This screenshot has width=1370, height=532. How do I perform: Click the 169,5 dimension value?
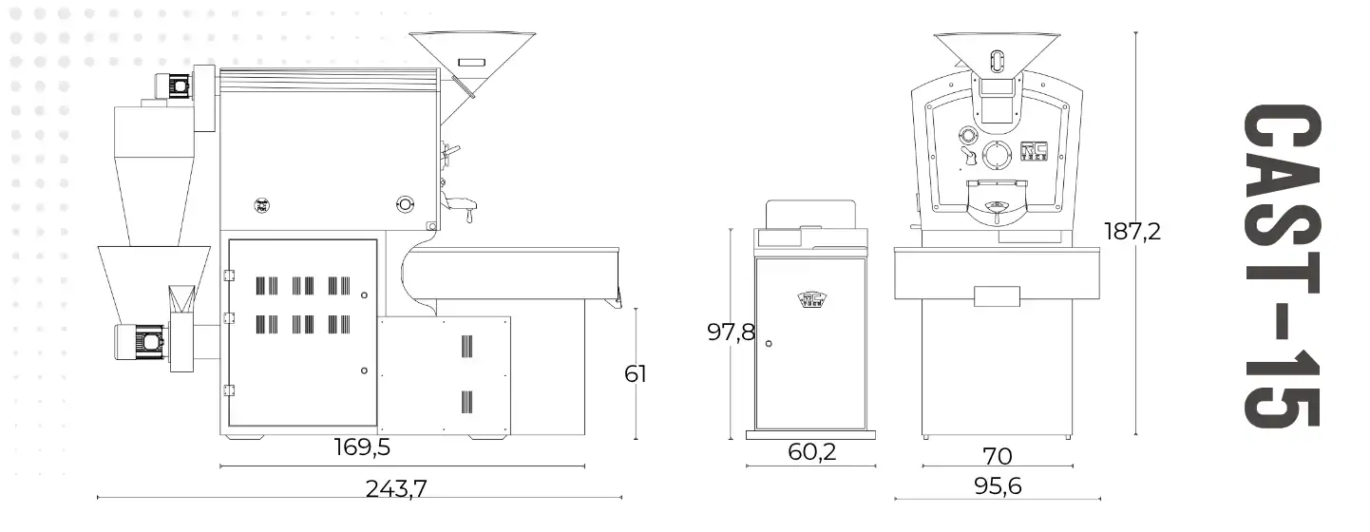[x=362, y=447]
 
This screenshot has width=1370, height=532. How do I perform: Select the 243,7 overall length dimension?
[x=396, y=488]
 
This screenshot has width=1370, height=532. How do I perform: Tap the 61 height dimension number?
[x=636, y=373]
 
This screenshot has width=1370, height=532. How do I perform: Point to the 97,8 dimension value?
[x=731, y=332]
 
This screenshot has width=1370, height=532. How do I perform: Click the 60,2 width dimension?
[x=811, y=452]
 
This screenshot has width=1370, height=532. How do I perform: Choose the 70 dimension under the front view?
[x=998, y=456]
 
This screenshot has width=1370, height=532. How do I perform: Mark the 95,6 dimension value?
[x=998, y=486]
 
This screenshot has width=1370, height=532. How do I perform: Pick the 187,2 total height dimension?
[x=1132, y=231]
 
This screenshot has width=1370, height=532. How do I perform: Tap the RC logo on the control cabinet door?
[x=811, y=299]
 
